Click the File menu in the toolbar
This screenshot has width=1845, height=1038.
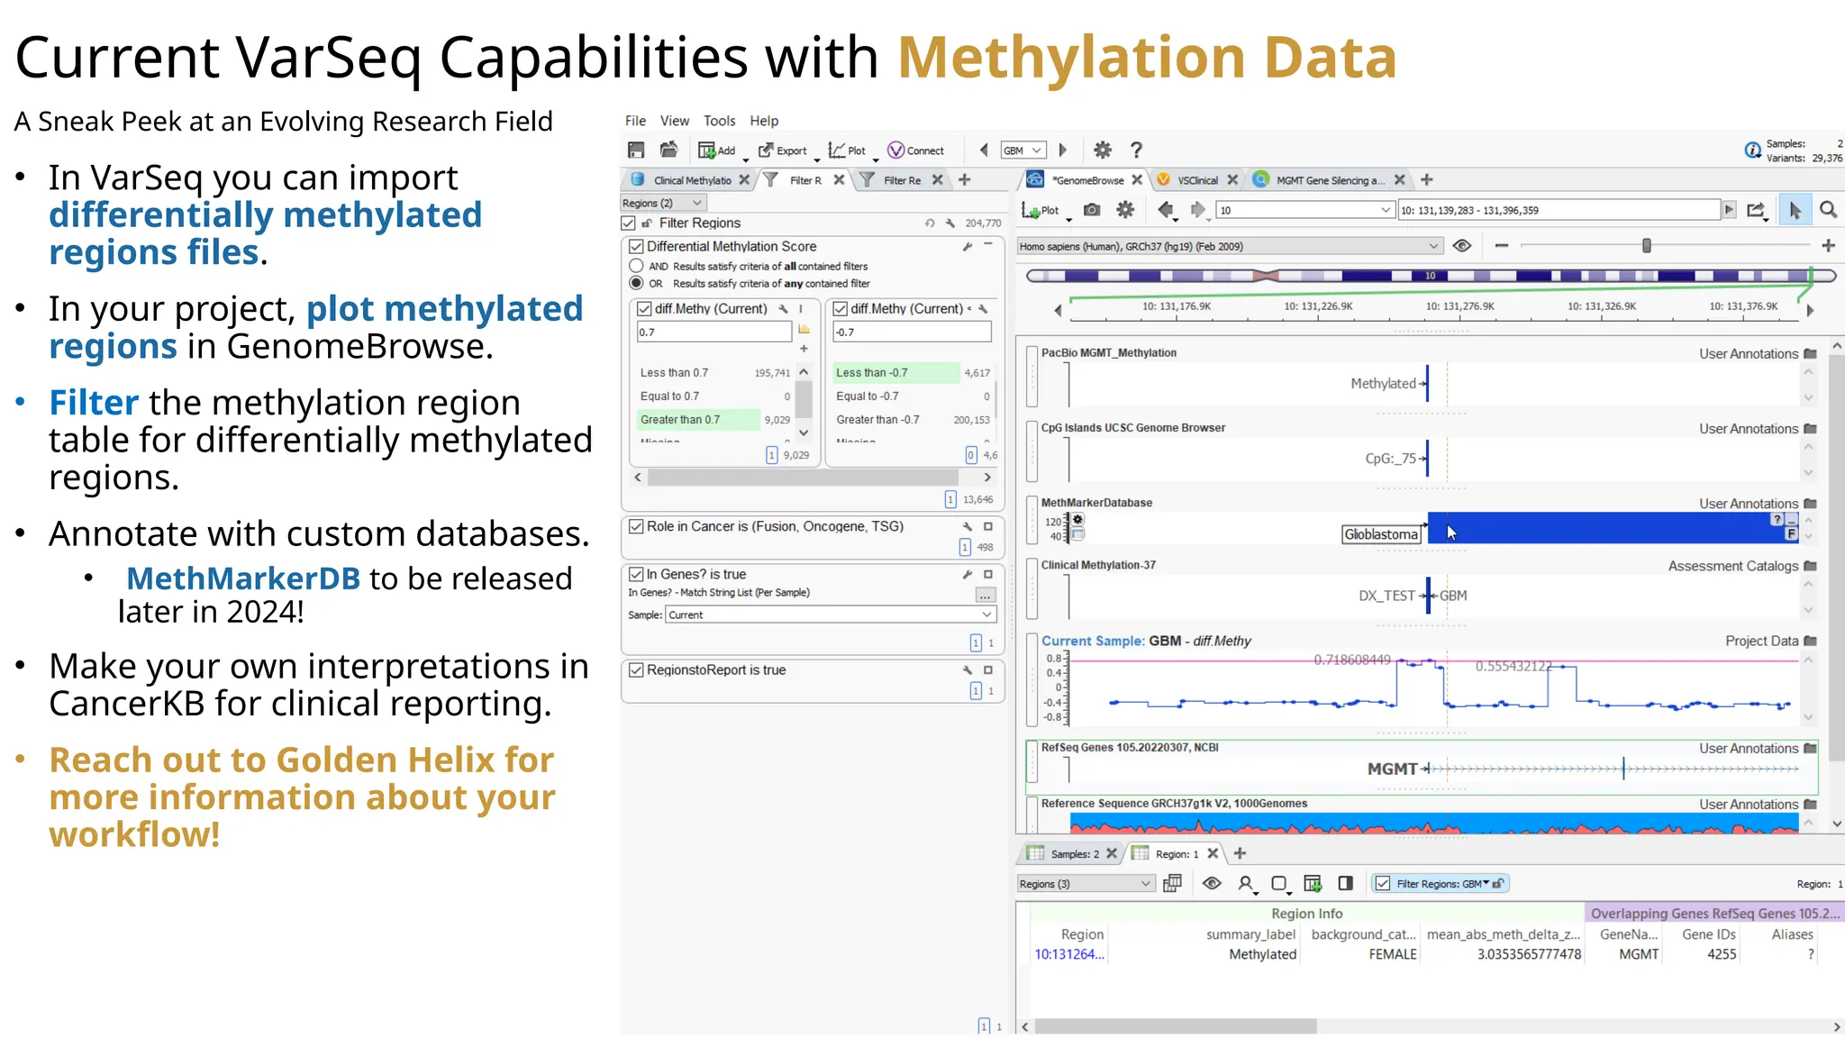click(x=635, y=121)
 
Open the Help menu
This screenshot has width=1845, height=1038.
click(x=763, y=121)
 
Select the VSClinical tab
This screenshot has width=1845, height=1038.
click(x=1196, y=180)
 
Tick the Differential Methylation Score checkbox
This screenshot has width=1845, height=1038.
click(x=636, y=246)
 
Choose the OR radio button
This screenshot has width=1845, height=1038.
click(x=636, y=283)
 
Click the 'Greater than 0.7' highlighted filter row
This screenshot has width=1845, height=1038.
click(x=680, y=420)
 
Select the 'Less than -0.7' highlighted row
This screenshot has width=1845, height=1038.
click(x=871, y=373)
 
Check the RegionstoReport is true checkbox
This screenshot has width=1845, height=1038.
click(x=636, y=669)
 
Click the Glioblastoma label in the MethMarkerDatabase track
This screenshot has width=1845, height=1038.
click(x=1380, y=534)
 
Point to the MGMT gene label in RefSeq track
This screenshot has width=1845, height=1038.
click(x=1392, y=769)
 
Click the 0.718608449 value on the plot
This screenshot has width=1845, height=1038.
click(x=1351, y=660)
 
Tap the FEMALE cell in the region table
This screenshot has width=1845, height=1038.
click(x=1392, y=954)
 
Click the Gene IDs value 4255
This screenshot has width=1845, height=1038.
click(x=1721, y=954)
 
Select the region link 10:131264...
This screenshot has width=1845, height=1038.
click(x=1068, y=954)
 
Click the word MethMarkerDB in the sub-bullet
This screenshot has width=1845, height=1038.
click(x=243, y=578)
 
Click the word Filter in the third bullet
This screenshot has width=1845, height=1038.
click(x=94, y=403)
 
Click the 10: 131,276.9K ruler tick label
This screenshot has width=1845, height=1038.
click(x=1459, y=306)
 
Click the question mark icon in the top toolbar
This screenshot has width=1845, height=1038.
click(x=1136, y=150)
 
